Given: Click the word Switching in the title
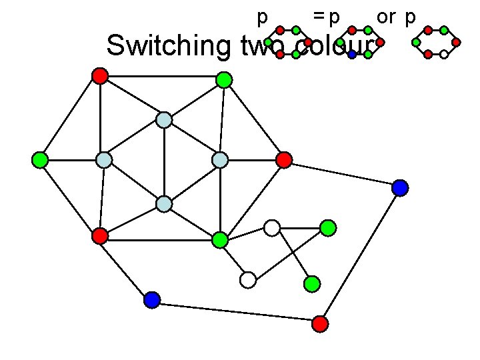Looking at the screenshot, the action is [167, 46].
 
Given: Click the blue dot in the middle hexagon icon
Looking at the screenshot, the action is [352, 55].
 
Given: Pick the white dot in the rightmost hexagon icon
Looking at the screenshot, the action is [443, 55].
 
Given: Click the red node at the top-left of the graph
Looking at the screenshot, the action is [100, 75].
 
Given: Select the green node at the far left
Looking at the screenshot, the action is [40, 160].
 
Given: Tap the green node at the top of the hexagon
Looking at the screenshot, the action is [224, 80].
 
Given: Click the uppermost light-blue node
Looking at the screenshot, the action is [164, 120].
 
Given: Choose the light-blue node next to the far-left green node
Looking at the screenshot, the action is [104, 160].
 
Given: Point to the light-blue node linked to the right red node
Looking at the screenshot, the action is [220, 160].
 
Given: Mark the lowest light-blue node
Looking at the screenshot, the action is [164, 203].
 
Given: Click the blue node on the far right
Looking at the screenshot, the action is [400, 188].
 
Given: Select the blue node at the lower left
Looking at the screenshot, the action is [152, 300].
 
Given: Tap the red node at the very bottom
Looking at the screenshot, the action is [320, 324].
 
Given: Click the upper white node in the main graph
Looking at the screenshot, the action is [271, 228].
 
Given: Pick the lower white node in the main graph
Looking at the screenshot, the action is [248, 280].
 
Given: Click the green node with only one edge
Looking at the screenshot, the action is [312, 284].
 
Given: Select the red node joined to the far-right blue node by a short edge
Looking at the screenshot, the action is [284, 160].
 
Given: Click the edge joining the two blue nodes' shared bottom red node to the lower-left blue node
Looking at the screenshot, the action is [236, 312].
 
